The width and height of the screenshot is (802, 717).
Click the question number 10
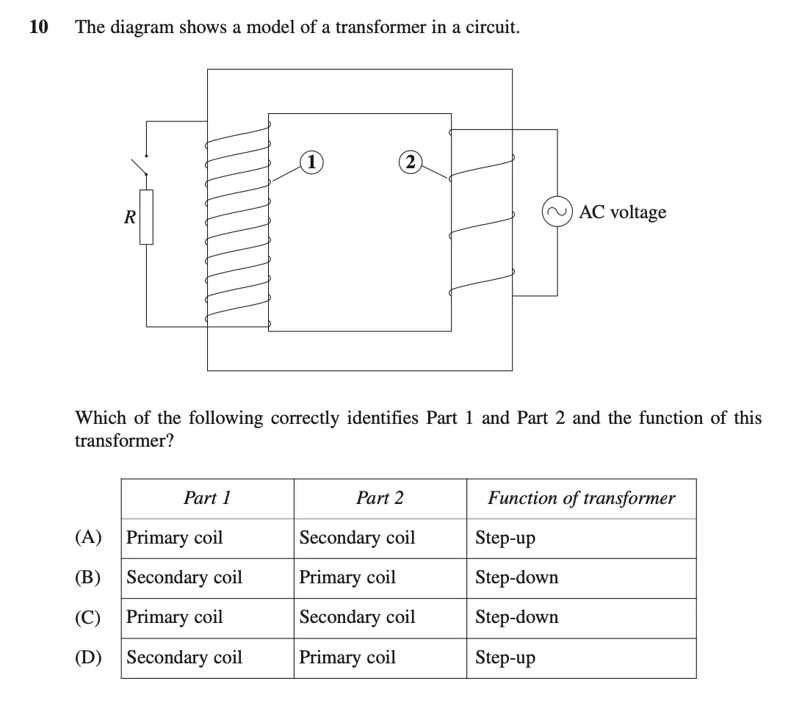(39, 26)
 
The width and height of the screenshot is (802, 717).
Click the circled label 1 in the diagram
(311, 162)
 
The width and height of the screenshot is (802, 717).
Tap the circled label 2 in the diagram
(411, 162)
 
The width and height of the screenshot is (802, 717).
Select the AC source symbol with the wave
(557, 212)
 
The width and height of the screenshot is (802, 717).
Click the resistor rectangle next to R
(146, 217)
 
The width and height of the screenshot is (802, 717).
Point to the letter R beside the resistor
(130, 217)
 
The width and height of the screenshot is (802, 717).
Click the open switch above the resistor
(140, 165)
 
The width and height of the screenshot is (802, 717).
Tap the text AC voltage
(623, 212)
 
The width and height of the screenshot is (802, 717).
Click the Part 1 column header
(207, 497)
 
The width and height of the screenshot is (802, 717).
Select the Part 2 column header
(380, 497)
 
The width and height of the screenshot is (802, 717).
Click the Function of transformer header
(582, 498)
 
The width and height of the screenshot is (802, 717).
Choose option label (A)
(88, 537)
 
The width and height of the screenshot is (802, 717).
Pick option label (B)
(88, 577)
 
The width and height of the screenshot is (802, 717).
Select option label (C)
(88, 617)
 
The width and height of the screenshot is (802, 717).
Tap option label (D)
(88, 657)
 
